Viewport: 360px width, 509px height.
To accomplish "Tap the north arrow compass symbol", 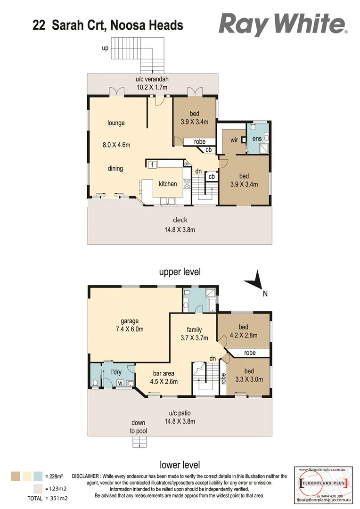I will (255, 282).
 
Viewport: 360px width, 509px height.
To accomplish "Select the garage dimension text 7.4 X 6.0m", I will (130, 329).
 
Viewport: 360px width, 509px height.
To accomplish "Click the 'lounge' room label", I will (116, 123).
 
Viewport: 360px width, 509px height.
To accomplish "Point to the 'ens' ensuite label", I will (257, 139).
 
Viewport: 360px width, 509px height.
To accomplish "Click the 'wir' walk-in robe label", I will (234, 140).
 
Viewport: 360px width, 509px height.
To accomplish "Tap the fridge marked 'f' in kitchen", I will (152, 165).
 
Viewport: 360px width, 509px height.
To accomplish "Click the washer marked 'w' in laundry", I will (120, 383).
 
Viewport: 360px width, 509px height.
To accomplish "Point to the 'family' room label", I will (194, 329).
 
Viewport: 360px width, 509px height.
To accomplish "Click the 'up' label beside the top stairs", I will (106, 48).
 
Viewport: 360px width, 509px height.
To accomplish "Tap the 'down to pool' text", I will (138, 427).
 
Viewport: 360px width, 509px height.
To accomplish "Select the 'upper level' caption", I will (180, 272).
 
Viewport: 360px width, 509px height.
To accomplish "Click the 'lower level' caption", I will (180, 465).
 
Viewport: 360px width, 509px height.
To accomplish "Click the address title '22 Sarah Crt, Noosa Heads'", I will (108, 25).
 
